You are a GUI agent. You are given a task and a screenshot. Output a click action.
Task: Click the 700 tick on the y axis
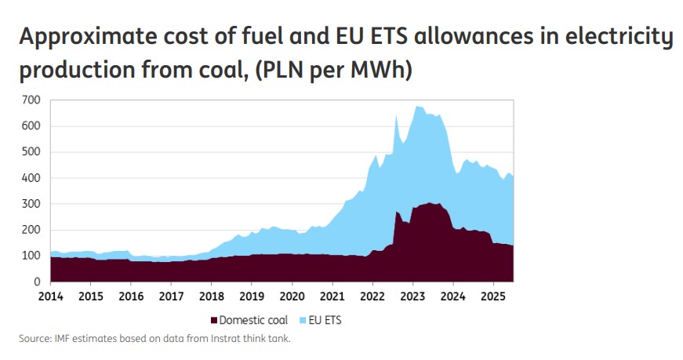[31, 100]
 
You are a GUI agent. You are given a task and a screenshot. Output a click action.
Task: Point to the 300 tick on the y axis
[31, 204]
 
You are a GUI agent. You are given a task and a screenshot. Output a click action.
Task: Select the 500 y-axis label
[31, 152]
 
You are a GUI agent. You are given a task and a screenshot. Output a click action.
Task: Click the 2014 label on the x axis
[50, 298]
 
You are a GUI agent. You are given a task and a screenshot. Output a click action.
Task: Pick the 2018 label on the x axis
[211, 298]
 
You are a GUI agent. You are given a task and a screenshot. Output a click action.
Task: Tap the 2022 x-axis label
[372, 298]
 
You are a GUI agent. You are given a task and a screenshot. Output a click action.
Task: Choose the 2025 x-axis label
[493, 298]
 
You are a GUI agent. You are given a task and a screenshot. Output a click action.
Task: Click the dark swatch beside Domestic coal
[213, 320]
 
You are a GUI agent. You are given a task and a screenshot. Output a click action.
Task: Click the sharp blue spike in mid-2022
[397, 118]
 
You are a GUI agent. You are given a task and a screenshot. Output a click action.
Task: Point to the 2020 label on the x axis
[292, 298]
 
